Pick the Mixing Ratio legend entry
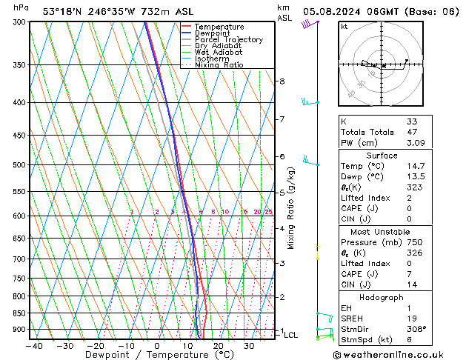[219, 65]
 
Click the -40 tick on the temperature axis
[33, 346]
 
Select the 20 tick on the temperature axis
[219, 346]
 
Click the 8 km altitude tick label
[282, 81]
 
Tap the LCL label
[290, 335]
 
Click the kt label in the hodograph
[344, 27]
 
